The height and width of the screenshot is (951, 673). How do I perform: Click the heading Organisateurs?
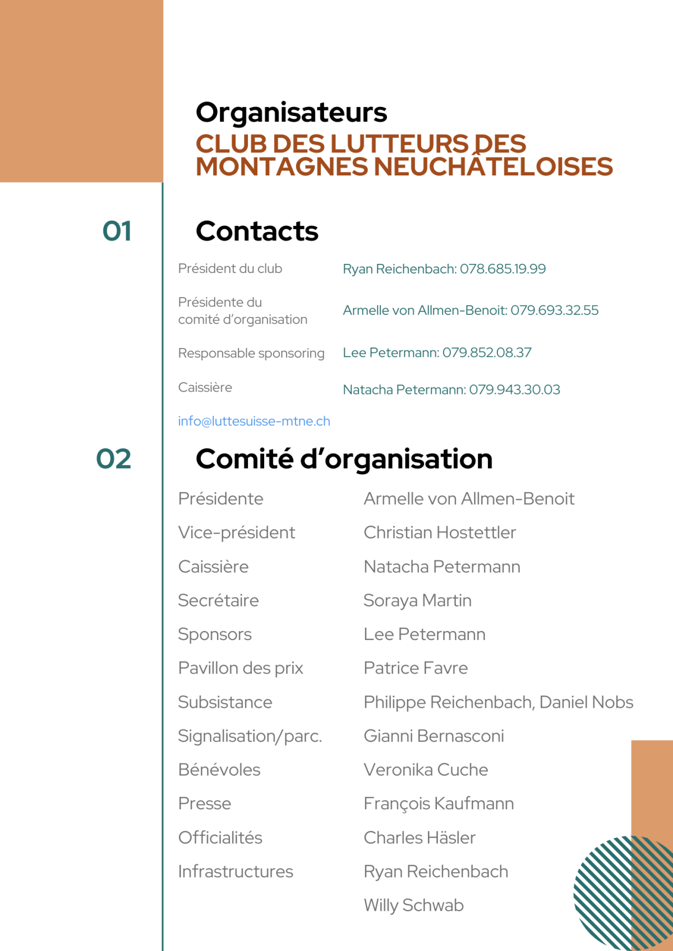[x=291, y=112]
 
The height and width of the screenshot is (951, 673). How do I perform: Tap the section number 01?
[x=117, y=231]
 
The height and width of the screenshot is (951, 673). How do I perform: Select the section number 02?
[x=114, y=458]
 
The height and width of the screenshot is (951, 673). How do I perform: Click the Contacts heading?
[x=257, y=231]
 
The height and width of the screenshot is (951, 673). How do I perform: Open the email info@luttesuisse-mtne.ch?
[x=254, y=421]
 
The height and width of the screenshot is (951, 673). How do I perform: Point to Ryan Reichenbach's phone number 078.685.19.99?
[x=503, y=269]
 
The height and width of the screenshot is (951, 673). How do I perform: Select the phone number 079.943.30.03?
[x=514, y=389]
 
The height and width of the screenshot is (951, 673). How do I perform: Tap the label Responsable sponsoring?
[x=251, y=353]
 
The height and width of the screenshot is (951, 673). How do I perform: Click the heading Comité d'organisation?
[x=344, y=458]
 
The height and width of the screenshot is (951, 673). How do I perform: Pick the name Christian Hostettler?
[x=440, y=532]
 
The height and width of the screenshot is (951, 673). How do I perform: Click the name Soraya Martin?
[x=417, y=600]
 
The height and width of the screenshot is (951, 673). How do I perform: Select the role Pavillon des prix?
[x=241, y=668]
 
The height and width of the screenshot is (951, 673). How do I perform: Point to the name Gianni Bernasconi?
[x=434, y=736]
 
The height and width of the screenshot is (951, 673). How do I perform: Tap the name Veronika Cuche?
[x=426, y=769]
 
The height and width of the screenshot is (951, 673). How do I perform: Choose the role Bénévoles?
[x=219, y=769]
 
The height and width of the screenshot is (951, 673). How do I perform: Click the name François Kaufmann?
[x=439, y=804]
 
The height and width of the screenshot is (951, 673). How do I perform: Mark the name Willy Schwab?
[x=413, y=905]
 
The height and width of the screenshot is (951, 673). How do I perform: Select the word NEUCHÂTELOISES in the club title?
[x=493, y=167]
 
